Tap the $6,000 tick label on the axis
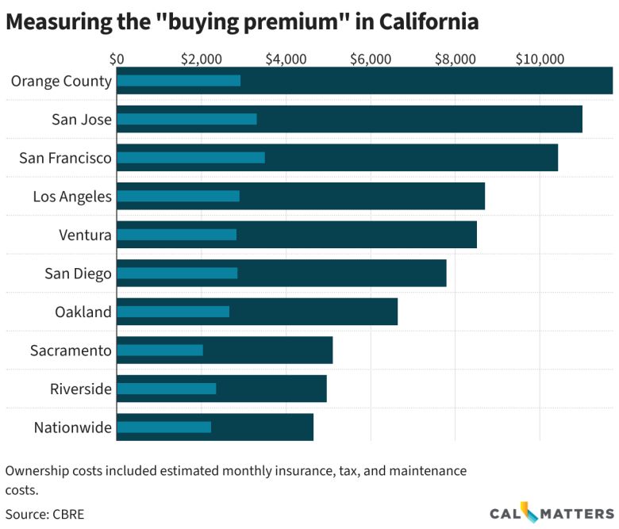[371, 59]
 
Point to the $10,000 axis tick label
[540, 59]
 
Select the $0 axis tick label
[117, 59]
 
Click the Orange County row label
[61, 80]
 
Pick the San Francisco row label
[65, 158]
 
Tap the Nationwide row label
[72, 427]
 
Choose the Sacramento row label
[71, 350]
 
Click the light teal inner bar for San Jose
[186, 119]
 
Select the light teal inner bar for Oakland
[173, 312]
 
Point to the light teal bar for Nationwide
[163, 427]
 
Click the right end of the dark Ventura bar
[475, 235]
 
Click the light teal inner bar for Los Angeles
[178, 196]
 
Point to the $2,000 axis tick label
[201, 59]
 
